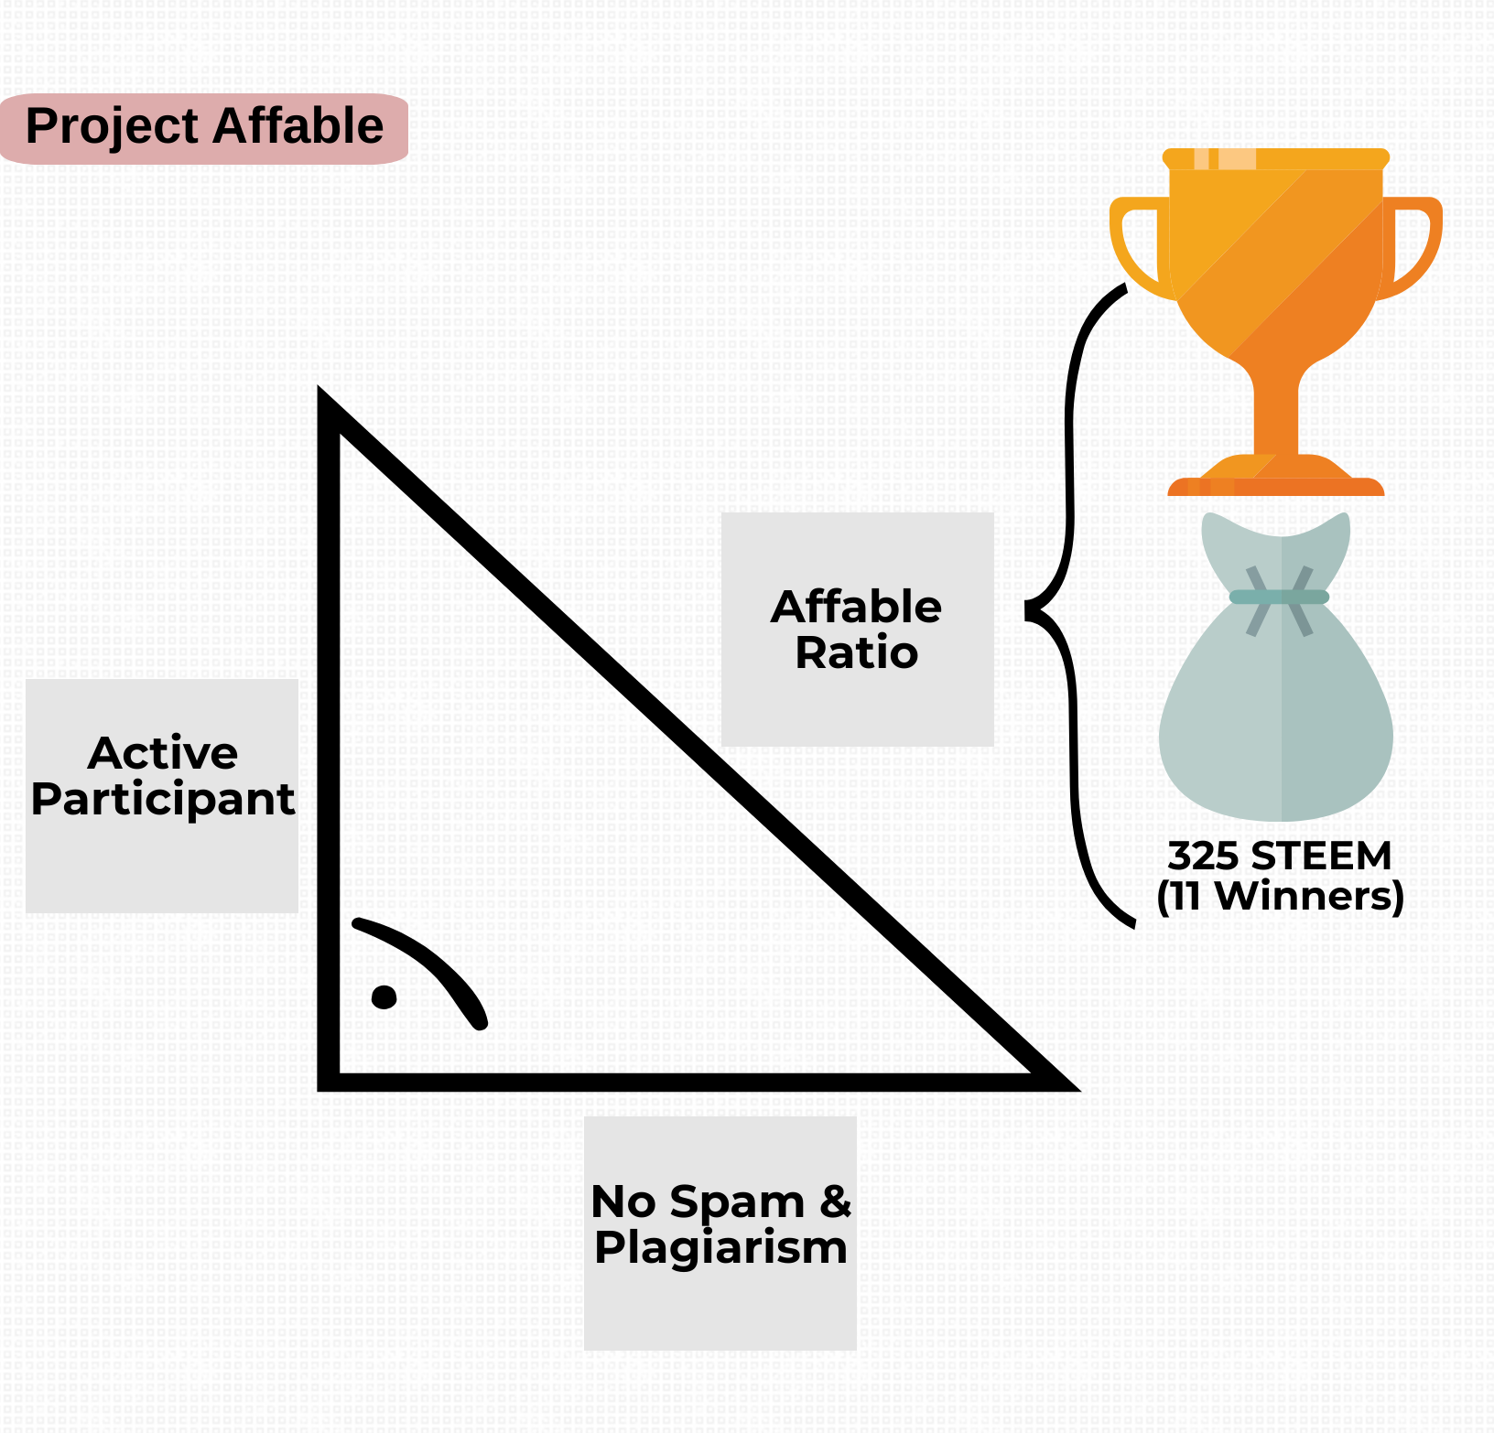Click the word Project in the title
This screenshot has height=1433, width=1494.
coord(112,127)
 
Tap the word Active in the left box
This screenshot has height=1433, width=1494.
coord(163,753)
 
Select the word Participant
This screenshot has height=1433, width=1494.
coord(163,801)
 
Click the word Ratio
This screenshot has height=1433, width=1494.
coord(857,652)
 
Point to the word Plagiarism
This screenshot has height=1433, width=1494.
coord(721,1249)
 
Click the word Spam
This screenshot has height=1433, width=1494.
coord(737,1203)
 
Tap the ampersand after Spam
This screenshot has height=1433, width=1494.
coord(836,1201)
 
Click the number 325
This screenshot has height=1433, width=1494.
coord(1203,857)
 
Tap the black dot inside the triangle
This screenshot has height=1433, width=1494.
coord(384,997)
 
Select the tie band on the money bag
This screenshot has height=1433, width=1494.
coord(1279,598)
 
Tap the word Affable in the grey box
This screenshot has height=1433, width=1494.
coord(857,607)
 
